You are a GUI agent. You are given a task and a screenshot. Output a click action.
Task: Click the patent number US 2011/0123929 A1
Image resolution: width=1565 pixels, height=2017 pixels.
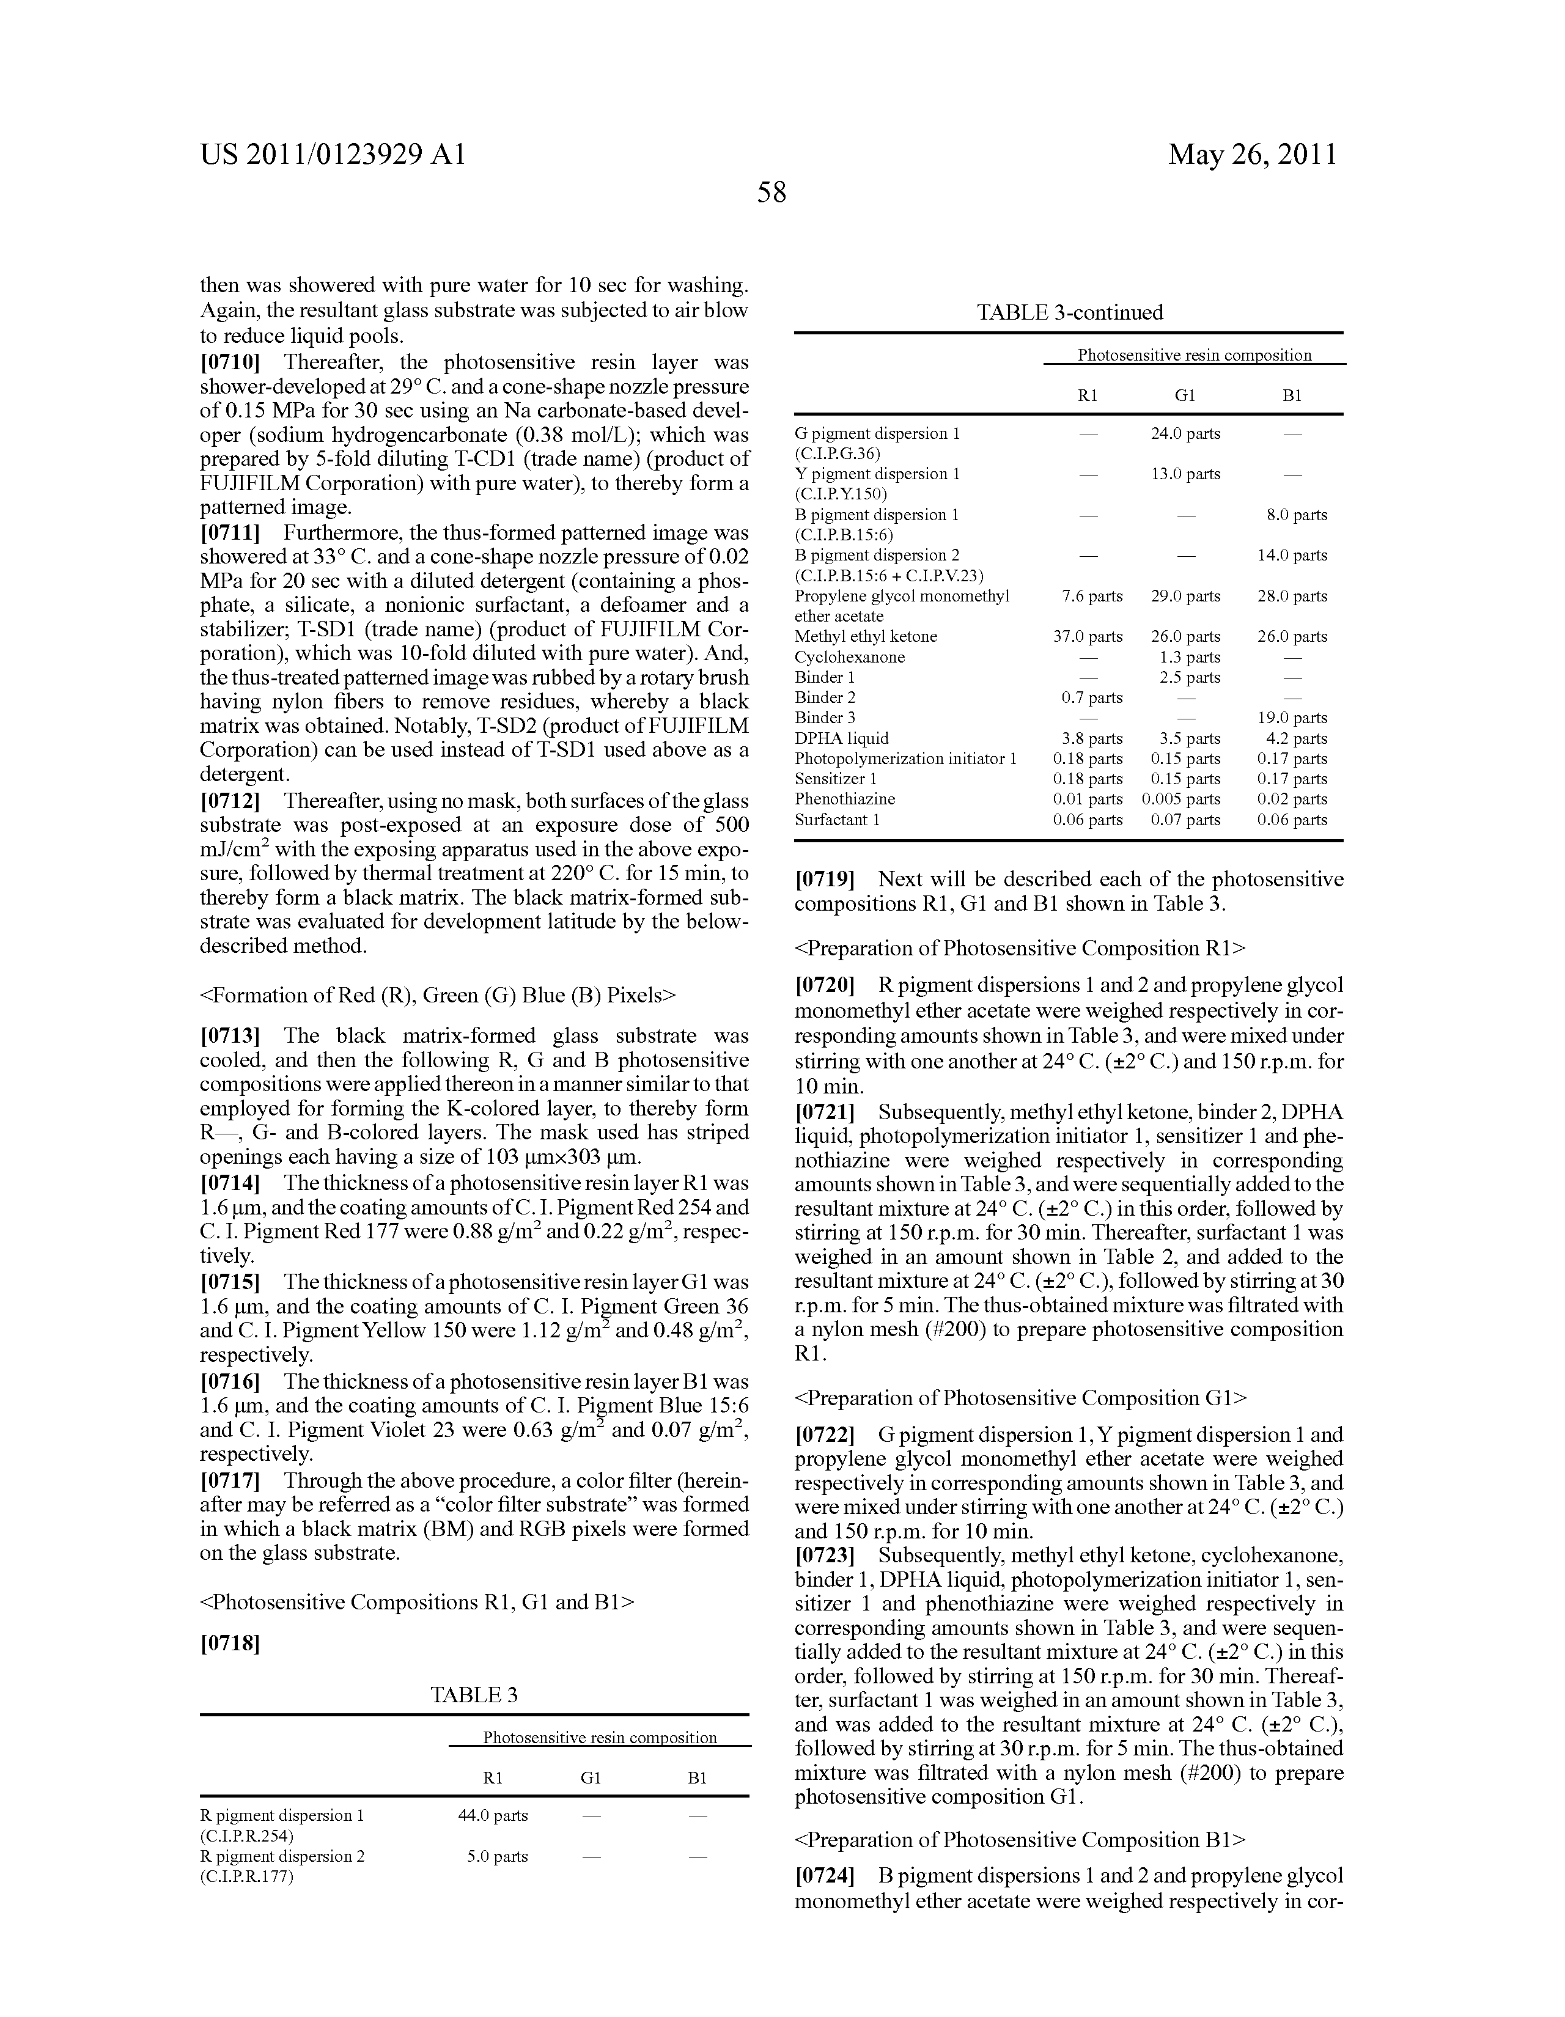(x=333, y=154)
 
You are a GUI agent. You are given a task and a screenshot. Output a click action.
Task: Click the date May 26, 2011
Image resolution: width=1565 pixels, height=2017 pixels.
(x=1252, y=154)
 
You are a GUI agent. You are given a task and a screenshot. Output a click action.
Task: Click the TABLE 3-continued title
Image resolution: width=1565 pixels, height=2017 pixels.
(x=1069, y=312)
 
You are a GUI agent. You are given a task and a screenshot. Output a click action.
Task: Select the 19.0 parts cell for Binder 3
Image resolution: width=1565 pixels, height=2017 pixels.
(x=1292, y=718)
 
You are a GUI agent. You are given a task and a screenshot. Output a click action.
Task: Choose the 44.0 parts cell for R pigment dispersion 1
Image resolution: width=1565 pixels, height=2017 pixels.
(x=492, y=1815)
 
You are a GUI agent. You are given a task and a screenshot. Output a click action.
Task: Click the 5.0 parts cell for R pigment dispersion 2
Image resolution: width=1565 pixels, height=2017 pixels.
(x=497, y=1856)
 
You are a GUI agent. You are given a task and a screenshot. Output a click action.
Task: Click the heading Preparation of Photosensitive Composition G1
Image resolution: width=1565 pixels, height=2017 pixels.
(x=1020, y=1398)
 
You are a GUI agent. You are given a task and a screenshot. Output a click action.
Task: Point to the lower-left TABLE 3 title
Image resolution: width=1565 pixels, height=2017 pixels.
(x=474, y=1695)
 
